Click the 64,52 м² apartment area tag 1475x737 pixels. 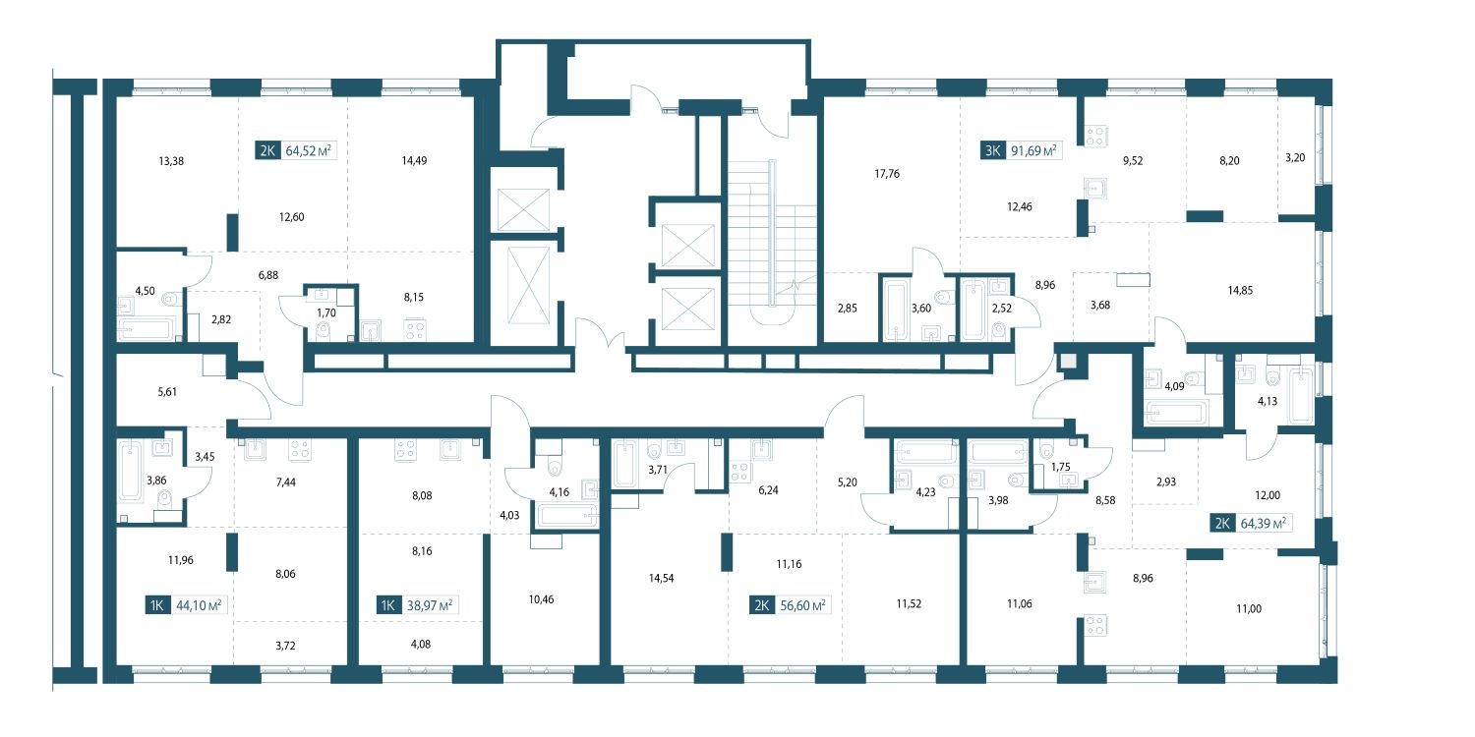pyautogui.click(x=308, y=150)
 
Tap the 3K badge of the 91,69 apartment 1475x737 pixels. pyautogui.click(x=992, y=150)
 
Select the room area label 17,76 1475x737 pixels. pyautogui.click(x=887, y=174)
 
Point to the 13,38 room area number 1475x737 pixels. pyautogui.click(x=171, y=161)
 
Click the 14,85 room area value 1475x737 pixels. pyautogui.click(x=1240, y=290)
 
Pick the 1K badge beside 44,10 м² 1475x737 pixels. pyautogui.click(x=157, y=604)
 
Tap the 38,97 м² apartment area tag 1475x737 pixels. pyautogui.click(x=430, y=604)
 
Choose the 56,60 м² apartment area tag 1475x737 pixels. pyautogui.click(x=802, y=604)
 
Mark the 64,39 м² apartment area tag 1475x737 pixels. pyautogui.click(x=1263, y=523)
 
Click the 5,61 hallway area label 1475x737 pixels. pyautogui.click(x=167, y=392)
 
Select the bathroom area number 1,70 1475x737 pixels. pyautogui.click(x=325, y=313)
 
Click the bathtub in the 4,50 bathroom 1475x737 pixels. pyautogui.click(x=147, y=327)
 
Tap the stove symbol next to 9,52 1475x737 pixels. pyautogui.click(x=1095, y=137)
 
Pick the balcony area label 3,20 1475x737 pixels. pyautogui.click(x=1295, y=158)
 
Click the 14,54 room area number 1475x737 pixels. pyautogui.click(x=661, y=579)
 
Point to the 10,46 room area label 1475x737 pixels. pyautogui.click(x=541, y=599)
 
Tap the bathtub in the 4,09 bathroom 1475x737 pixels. pyautogui.click(x=1175, y=414)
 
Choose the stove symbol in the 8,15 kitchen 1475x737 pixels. pyautogui.click(x=414, y=329)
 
